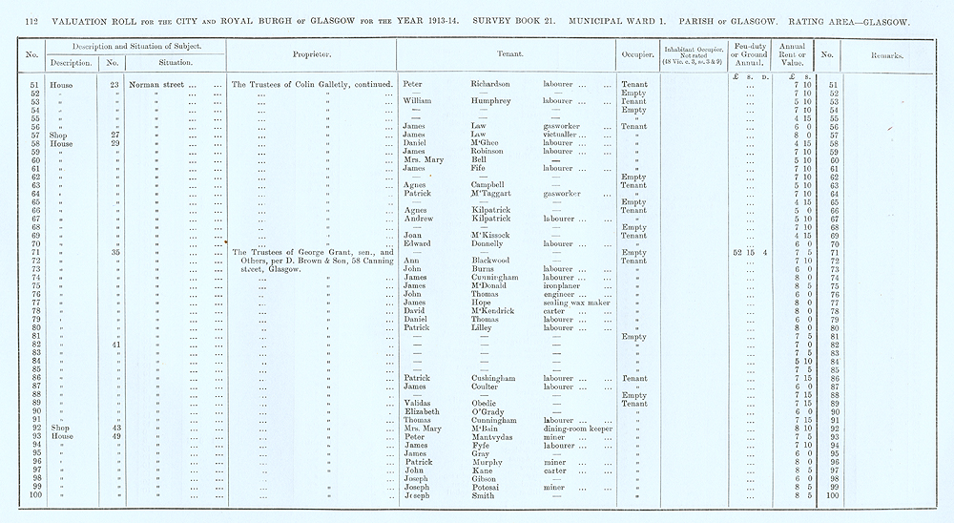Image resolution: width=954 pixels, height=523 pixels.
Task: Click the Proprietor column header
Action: tap(312, 53)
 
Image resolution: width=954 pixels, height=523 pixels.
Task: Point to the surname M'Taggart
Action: tap(495, 193)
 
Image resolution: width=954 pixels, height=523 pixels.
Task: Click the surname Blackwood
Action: tap(494, 260)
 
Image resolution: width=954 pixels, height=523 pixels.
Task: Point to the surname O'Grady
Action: tap(489, 411)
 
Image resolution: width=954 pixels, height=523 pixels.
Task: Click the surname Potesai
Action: tap(489, 487)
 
